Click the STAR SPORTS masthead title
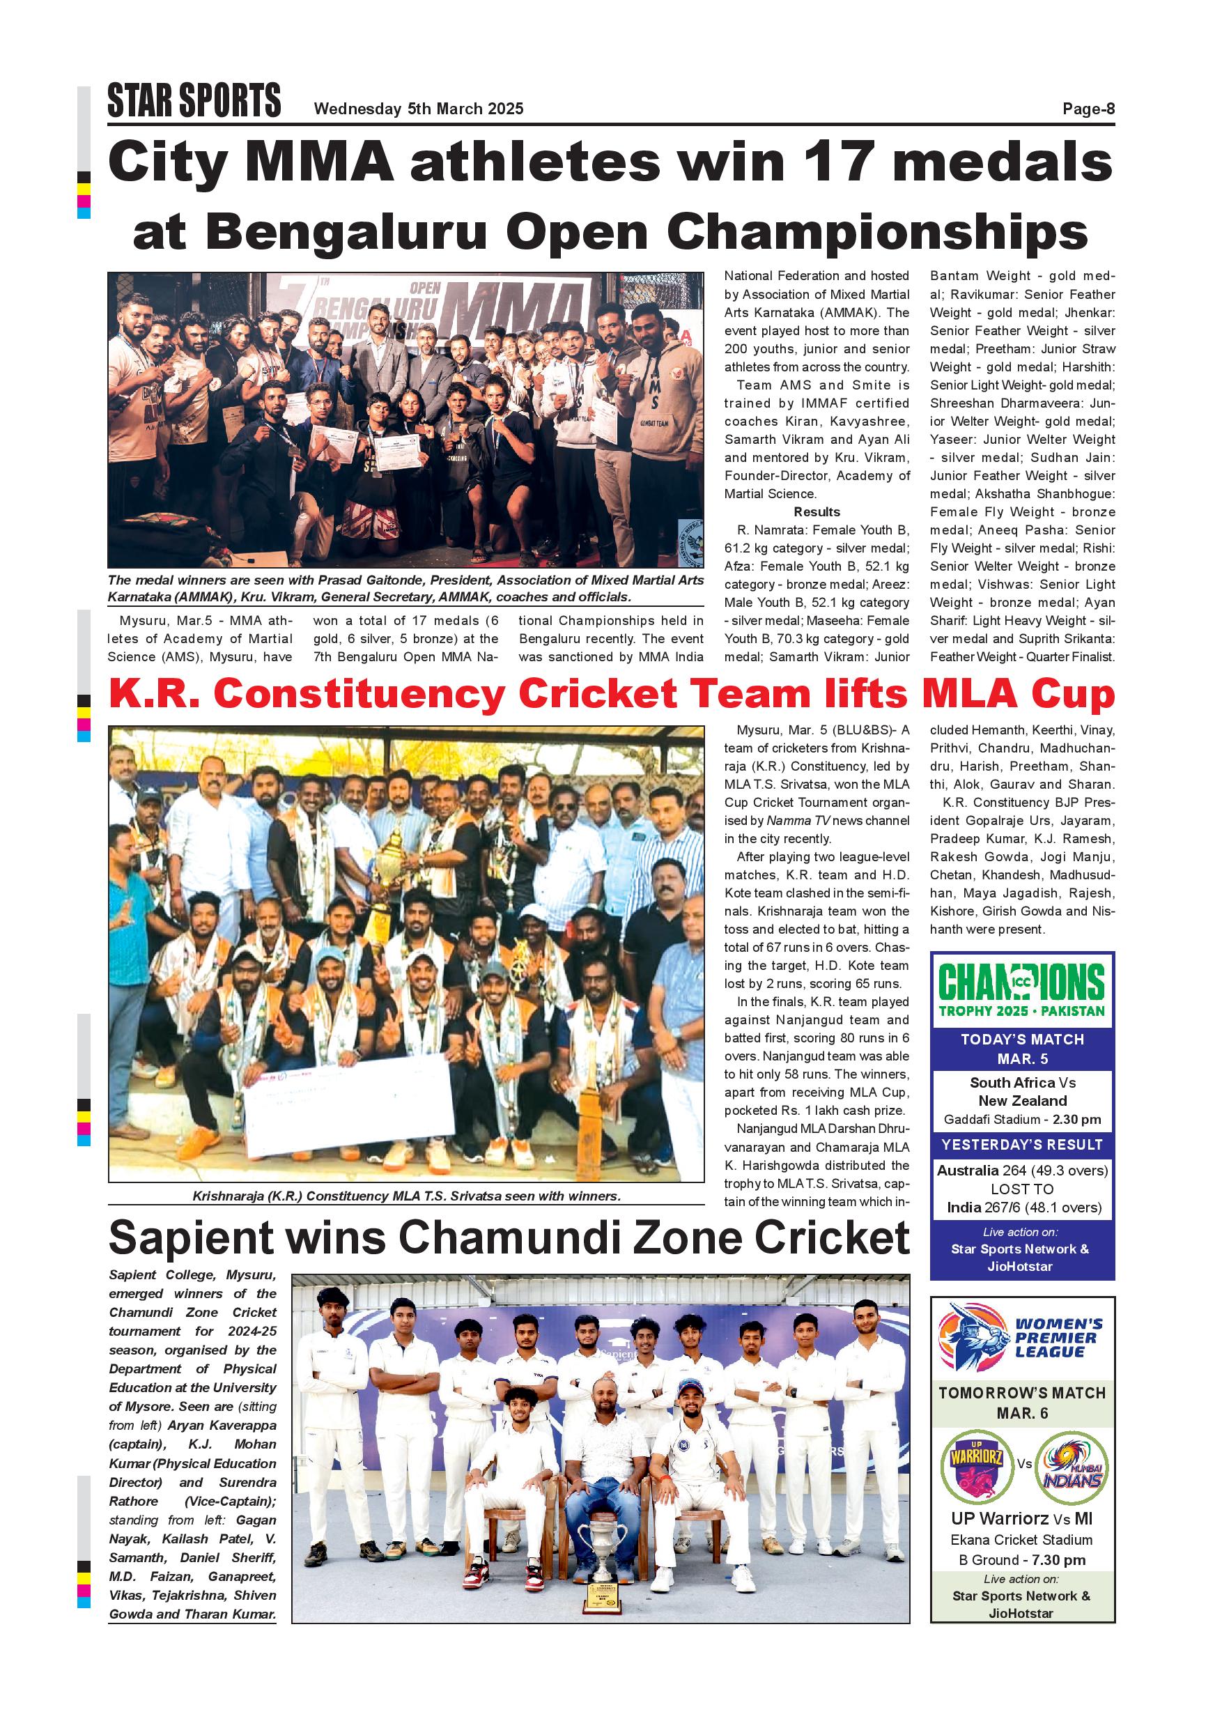pos(194,102)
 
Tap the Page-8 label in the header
pos(1088,109)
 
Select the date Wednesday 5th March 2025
pos(419,109)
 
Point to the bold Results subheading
pos(817,511)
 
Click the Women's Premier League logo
pos(1022,1341)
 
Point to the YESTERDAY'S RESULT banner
pos(1022,1145)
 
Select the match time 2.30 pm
pos(1077,1120)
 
